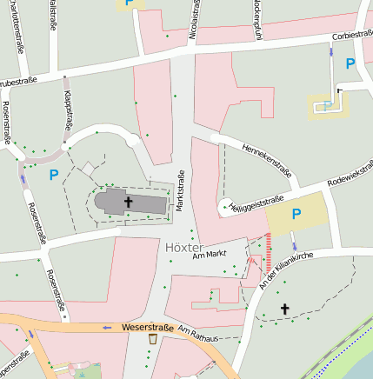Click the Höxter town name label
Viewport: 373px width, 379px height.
pos(183,248)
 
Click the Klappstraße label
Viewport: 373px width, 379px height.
pos(65,111)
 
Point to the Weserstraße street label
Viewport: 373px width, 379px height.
pos(144,327)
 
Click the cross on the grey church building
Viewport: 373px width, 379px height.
pos(129,203)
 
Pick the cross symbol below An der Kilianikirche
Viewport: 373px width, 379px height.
pos(284,308)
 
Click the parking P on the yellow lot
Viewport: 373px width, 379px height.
pos(296,214)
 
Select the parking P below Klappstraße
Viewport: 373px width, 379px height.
pos(54,175)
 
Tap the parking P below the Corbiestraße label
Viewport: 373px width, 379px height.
pos(350,63)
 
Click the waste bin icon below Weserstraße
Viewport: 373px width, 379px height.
pos(153,338)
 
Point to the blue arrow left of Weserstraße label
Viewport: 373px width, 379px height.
pos(107,327)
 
